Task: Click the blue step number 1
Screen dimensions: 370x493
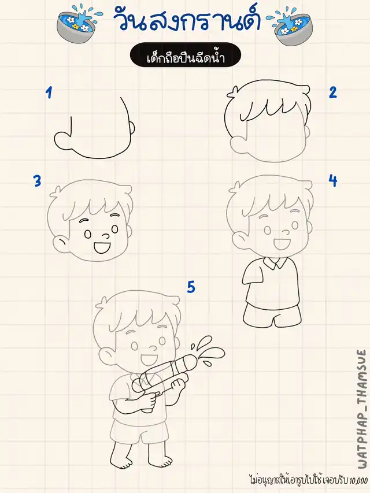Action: point(49,92)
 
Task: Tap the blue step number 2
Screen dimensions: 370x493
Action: point(333,92)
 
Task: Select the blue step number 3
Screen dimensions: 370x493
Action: point(38,181)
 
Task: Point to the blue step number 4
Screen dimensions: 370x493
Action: point(333,180)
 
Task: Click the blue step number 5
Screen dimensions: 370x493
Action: point(191,287)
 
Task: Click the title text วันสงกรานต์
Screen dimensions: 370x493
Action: point(187,21)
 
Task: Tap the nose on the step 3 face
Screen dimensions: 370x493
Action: point(106,235)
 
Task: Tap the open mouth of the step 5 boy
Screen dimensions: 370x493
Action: point(147,358)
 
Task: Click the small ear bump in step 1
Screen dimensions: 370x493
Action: point(133,127)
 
